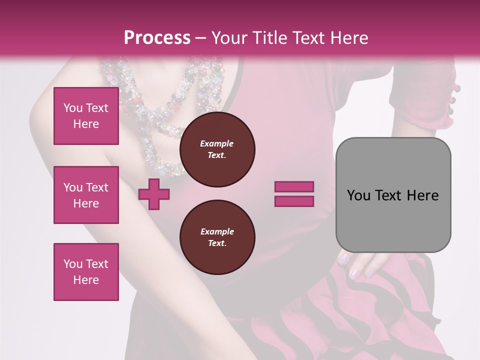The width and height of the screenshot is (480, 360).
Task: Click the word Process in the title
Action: coord(157,38)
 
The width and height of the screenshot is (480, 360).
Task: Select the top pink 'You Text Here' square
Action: coord(86,116)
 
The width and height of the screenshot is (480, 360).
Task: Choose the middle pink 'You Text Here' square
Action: coord(86,195)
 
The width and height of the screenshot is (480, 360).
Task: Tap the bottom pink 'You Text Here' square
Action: coord(86,272)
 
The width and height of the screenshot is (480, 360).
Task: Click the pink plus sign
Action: coord(154,194)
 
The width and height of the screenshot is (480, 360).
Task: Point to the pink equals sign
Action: coord(294,194)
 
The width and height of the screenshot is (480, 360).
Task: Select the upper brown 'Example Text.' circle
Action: coord(217,149)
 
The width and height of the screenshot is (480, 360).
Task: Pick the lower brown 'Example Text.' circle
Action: coord(217,237)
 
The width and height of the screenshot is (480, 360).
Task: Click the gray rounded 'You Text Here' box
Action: coord(393,195)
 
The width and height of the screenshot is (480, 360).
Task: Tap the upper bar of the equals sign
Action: coord(294,187)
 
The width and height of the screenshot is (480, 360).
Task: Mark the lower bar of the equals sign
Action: coord(294,201)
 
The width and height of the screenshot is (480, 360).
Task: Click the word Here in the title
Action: coord(349,38)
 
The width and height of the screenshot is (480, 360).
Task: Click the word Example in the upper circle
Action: coord(217,143)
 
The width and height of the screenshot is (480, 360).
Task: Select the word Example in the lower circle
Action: coord(217,231)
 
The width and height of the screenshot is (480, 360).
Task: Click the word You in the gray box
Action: coord(358,195)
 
